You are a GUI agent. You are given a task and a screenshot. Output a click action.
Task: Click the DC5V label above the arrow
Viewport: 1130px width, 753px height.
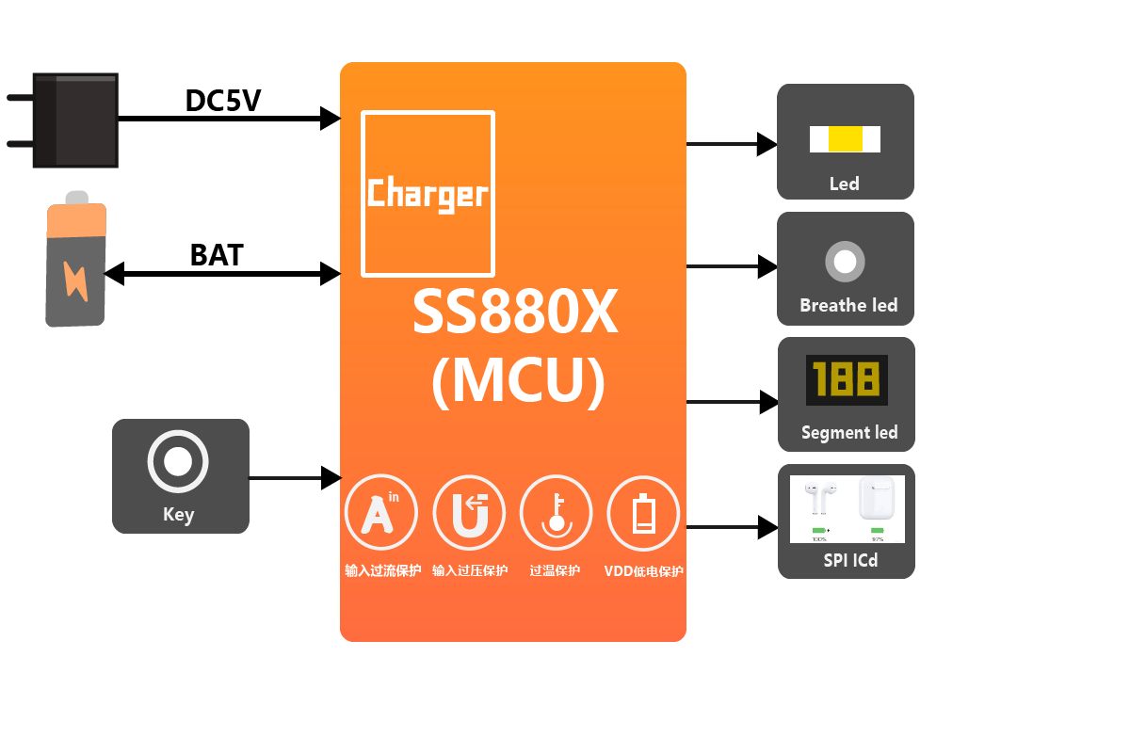222,101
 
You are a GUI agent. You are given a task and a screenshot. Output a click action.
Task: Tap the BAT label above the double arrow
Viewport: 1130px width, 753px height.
217,255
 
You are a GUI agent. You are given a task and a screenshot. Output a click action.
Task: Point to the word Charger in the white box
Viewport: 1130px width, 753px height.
428,194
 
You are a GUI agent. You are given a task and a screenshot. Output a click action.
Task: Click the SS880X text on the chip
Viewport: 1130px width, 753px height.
514,312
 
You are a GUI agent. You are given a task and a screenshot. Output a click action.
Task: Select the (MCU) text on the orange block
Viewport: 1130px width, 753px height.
517,381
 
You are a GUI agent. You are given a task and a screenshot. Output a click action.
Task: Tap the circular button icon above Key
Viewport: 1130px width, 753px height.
178,461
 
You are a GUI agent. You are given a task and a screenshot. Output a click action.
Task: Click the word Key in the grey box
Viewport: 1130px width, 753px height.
178,514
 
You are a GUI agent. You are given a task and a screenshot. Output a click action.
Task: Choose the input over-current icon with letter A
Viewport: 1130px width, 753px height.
380,513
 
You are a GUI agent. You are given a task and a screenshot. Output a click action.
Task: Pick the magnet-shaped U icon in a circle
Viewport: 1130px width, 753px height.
468,513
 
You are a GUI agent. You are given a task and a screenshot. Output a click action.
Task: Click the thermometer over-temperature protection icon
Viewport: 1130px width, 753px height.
556,513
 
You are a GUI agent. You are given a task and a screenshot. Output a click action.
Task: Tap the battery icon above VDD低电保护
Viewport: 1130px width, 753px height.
643,513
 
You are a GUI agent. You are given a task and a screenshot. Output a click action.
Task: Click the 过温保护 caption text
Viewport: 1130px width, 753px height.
555,570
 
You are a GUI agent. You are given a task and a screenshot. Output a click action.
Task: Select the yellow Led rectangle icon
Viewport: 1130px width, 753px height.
845,139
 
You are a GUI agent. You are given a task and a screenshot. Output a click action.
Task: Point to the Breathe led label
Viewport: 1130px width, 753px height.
847,305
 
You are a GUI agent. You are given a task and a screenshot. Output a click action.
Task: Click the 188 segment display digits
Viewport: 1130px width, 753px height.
846,379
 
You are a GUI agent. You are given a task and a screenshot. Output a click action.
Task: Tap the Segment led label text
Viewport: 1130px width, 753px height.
848,432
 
